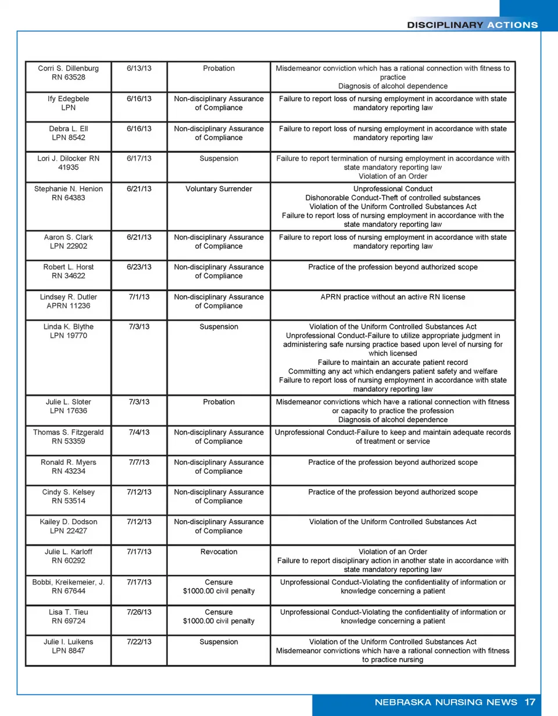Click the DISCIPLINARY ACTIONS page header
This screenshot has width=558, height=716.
[x=472, y=24]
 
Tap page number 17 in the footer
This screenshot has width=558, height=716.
[x=529, y=701]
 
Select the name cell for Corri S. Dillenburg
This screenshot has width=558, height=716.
[x=69, y=68]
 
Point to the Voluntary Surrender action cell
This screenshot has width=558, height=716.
[x=219, y=188]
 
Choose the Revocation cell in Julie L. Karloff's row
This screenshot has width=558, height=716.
[x=219, y=552]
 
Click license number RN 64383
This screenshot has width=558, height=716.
[x=69, y=197]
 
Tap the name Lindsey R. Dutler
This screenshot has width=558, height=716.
[x=69, y=297]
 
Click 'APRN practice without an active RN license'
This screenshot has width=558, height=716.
[x=393, y=297]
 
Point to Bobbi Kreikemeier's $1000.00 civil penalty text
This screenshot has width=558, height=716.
[x=219, y=591]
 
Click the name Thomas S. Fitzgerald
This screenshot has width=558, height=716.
[x=69, y=432]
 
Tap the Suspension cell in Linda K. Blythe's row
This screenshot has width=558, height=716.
[x=219, y=327]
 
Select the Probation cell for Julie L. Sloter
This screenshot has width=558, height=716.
[x=219, y=402]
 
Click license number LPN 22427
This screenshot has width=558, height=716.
[x=69, y=531]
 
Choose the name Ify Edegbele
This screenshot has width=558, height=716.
[x=69, y=98]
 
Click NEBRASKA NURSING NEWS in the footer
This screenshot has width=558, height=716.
[x=446, y=701]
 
